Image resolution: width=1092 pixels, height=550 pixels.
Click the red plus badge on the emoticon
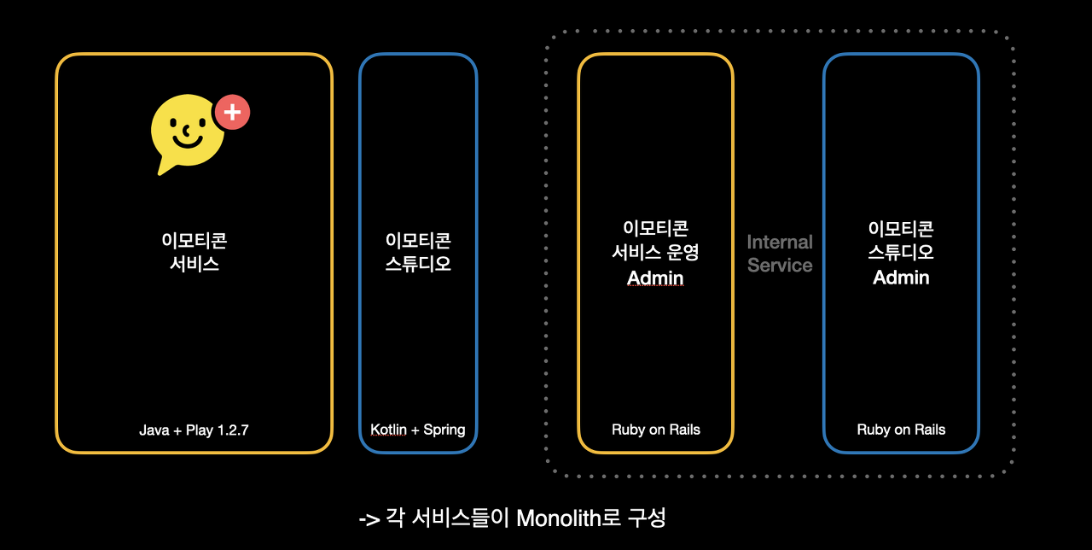231,112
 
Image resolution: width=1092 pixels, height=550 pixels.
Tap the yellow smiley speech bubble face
187,131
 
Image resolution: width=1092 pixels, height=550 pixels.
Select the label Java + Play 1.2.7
194,430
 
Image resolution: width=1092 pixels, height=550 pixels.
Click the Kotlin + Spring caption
418,429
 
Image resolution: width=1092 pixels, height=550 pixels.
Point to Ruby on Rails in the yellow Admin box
656,430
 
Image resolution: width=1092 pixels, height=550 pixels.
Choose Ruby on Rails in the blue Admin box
901,430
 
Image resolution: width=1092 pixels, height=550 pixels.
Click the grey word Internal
780,242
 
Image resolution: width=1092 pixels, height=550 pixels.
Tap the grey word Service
780,265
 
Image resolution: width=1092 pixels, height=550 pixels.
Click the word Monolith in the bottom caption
558,518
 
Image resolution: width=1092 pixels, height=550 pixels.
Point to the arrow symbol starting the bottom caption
369,519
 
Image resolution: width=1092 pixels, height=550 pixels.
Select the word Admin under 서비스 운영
656,278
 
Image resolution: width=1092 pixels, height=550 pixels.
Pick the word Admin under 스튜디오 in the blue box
901,278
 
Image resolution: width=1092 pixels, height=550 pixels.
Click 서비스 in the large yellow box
195,264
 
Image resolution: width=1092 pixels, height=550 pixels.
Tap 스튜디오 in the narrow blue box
418,264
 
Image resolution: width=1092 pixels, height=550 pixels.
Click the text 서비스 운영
656,252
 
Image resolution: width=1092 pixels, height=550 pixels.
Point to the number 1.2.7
231,430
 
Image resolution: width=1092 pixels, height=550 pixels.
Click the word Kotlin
389,429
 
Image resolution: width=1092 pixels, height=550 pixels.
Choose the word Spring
444,429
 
